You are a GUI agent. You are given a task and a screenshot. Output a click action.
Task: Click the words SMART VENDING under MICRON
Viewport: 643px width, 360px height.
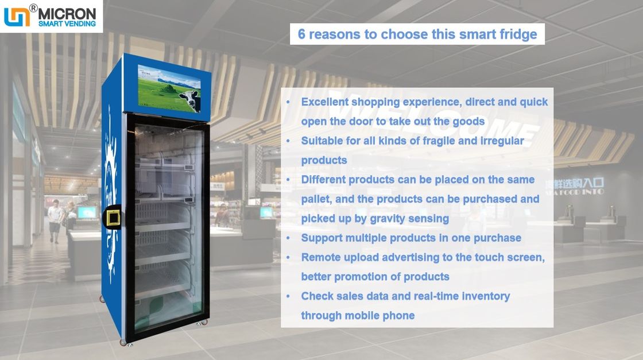pyautogui.click(x=67, y=24)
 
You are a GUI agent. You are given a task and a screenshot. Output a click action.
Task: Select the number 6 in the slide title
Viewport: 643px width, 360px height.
pyautogui.click(x=301, y=34)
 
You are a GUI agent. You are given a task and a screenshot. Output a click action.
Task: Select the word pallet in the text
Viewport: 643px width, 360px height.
pyautogui.click(x=317, y=199)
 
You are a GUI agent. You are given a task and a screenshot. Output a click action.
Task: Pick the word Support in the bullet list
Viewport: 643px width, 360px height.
pyautogui.click(x=321, y=238)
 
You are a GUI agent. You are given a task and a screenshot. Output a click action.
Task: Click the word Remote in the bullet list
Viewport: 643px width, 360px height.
pyautogui.click(x=320, y=257)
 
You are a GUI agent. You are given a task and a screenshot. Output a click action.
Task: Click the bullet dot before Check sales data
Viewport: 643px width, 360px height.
pyautogui.click(x=288, y=296)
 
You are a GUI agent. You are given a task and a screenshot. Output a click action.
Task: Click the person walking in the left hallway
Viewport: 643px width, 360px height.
pyautogui.click(x=55, y=220)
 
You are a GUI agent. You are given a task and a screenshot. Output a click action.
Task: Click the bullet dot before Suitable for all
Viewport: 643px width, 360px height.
pyautogui.click(x=288, y=141)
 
